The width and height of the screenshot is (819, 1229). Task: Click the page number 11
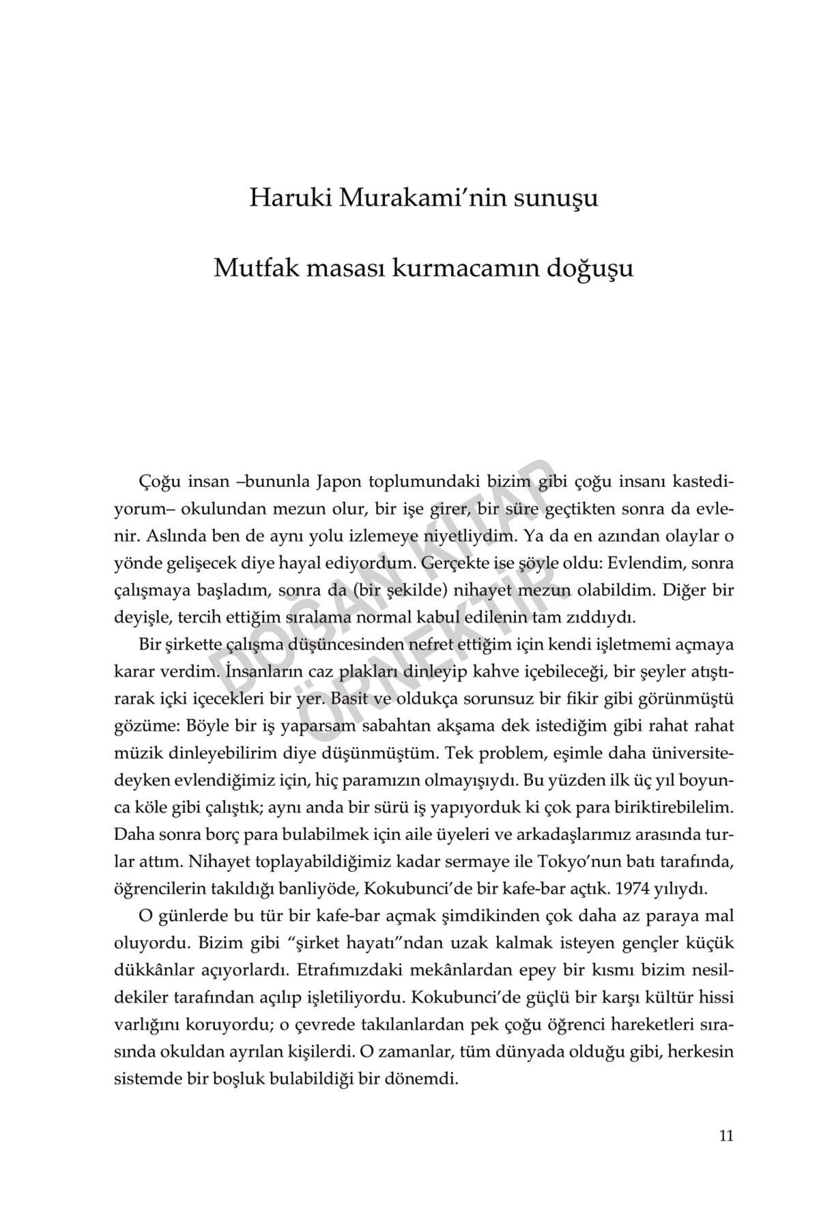[725, 1135]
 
